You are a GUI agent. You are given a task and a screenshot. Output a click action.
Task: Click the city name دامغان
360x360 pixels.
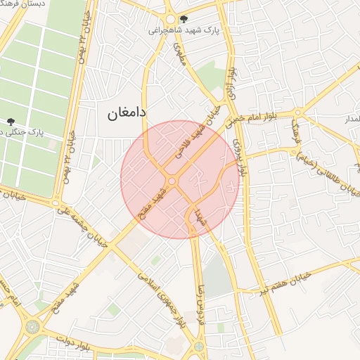point(126,112)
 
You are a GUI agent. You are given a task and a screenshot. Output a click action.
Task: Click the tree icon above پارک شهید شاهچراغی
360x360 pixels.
point(184,19)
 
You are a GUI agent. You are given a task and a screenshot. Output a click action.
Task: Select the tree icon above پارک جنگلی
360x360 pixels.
point(11,122)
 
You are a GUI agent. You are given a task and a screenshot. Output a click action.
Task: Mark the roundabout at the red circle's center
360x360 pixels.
point(172,182)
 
